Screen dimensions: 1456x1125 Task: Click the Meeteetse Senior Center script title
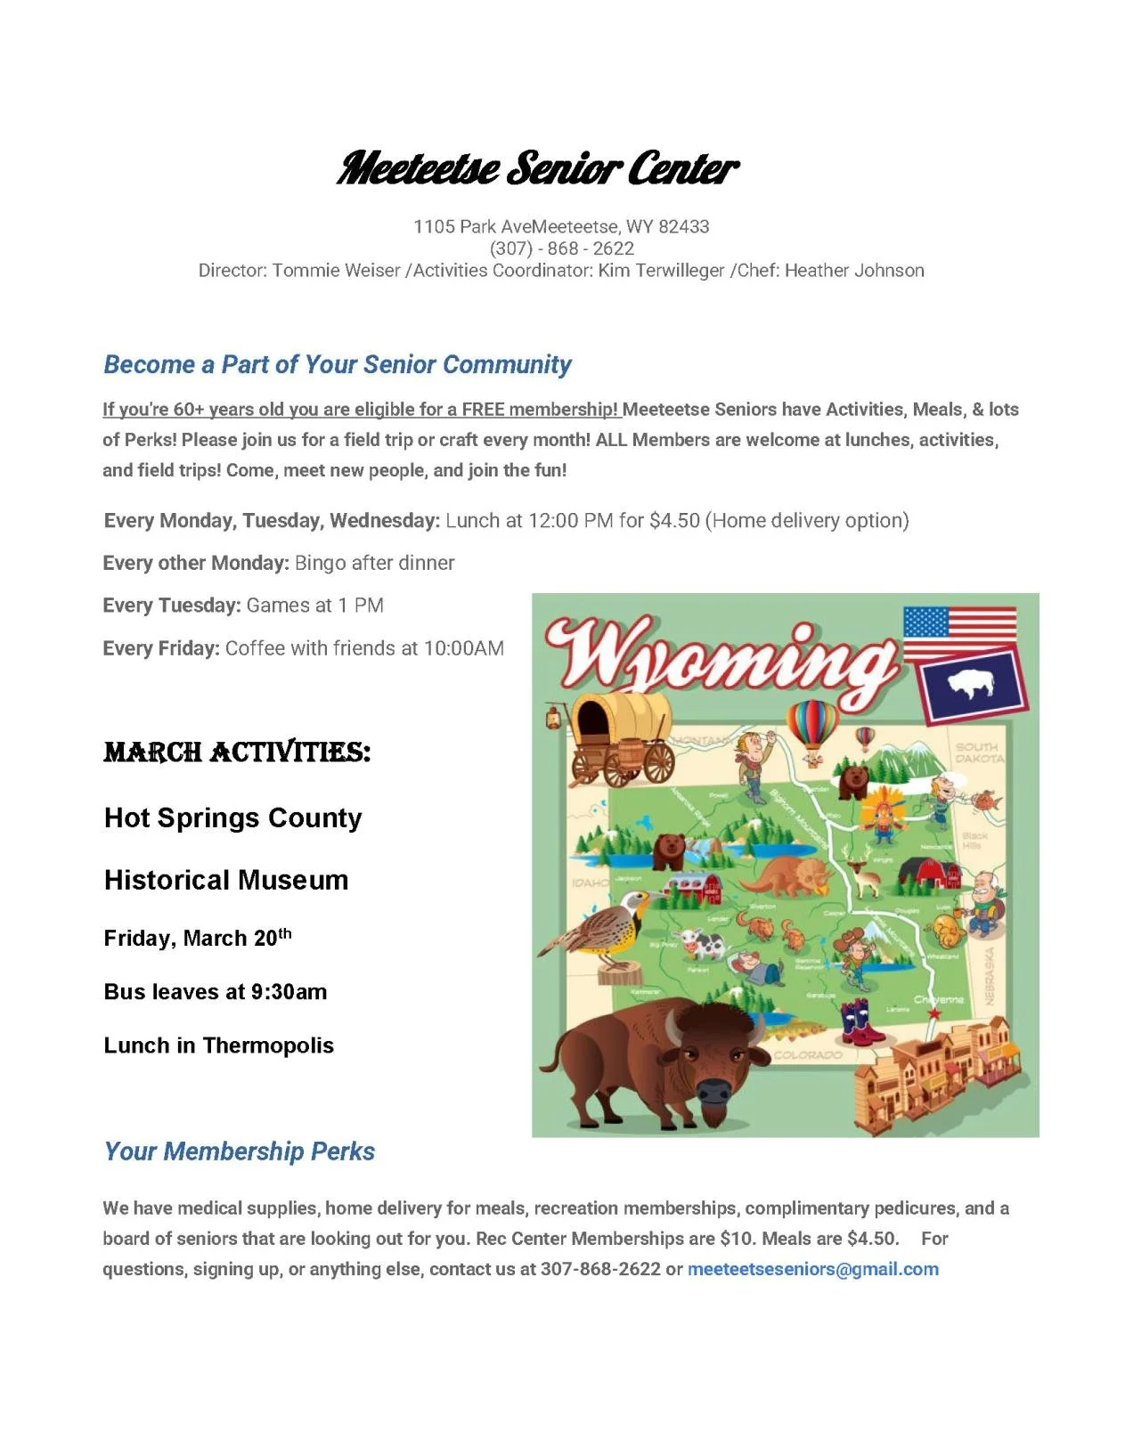(537, 168)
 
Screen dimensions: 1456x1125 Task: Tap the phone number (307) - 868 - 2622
(561, 248)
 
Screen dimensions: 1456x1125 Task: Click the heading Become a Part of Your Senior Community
(337, 364)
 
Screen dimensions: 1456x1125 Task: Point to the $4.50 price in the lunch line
(674, 520)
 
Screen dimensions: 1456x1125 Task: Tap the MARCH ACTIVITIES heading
(237, 752)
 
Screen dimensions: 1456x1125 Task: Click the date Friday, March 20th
(197, 938)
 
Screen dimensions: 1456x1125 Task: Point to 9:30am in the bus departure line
(289, 992)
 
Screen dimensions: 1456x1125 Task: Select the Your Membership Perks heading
(239, 1151)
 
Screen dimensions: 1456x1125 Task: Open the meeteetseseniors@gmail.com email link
(812, 1269)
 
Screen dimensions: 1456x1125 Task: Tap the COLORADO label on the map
(808, 1055)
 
